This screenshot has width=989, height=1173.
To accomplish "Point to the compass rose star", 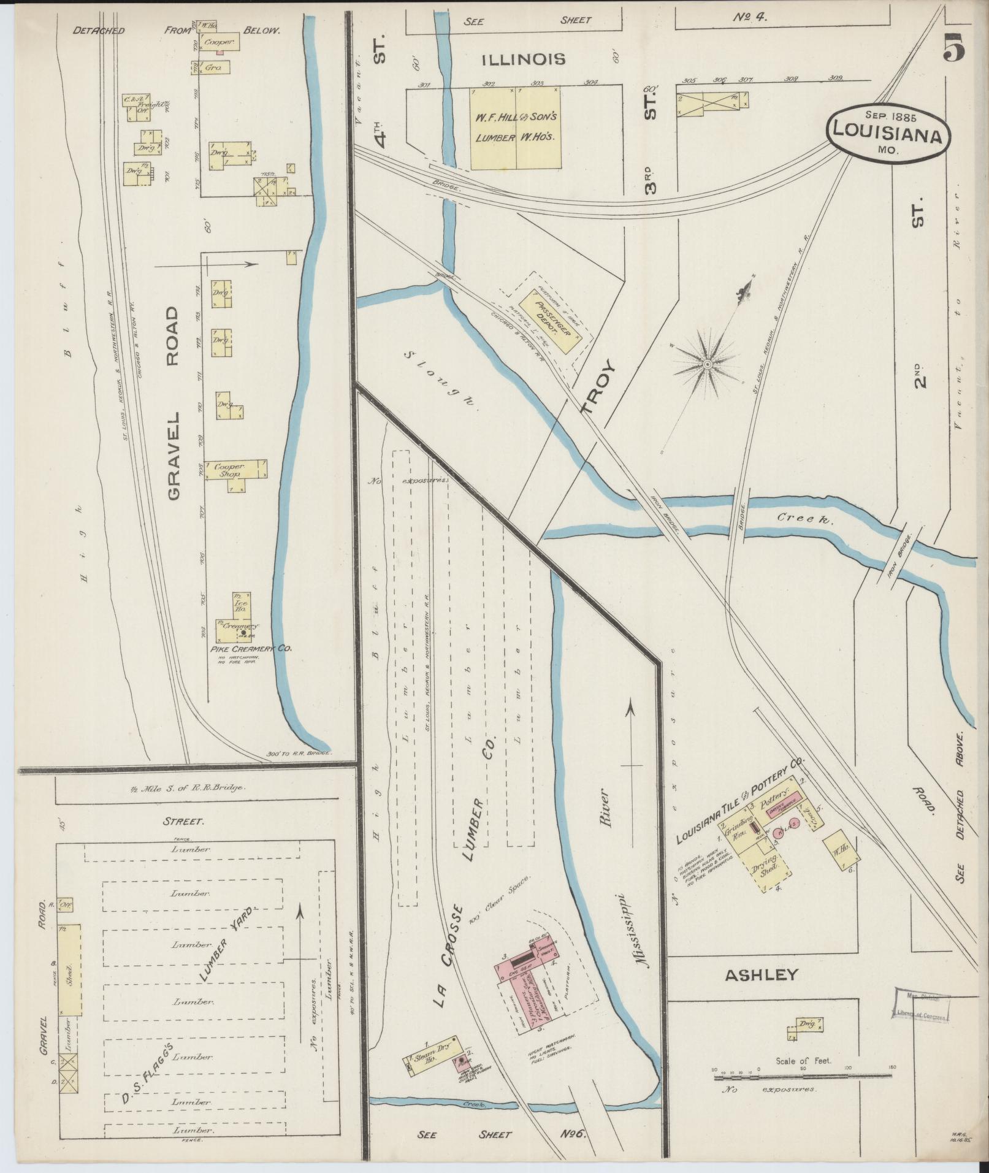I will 707,364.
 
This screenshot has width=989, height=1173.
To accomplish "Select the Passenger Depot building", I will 549,321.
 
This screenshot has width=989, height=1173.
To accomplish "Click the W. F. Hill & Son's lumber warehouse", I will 515,128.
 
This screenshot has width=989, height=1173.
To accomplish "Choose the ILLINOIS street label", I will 523,59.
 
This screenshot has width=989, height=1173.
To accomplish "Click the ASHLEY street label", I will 762,974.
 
